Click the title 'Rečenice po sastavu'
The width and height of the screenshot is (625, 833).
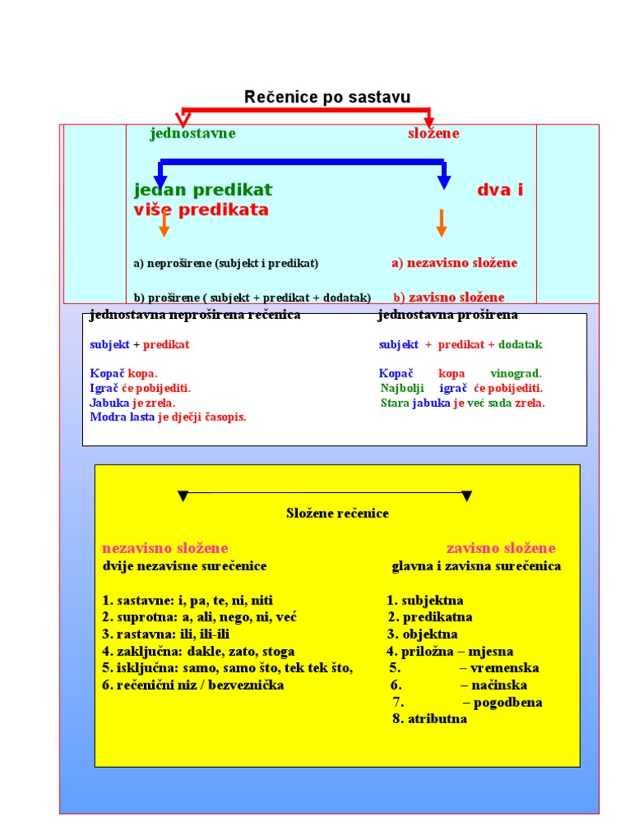pos(327,98)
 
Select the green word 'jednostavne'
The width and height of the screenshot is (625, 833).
pos(193,133)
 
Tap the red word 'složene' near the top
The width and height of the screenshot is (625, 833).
pos(433,133)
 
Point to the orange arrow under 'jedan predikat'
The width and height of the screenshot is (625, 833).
pos(164,224)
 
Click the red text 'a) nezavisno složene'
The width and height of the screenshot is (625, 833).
pos(454,263)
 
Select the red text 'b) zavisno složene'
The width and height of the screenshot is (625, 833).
pos(448,297)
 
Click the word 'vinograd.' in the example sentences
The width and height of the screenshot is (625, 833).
pos(516,373)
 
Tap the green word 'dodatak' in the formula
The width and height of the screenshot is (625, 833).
pos(520,344)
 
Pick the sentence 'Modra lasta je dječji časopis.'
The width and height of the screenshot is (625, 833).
pos(168,417)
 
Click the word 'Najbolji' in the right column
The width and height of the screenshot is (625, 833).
pos(402,388)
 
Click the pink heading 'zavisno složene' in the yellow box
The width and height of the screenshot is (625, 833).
pos(500,547)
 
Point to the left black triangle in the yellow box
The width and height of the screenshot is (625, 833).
pos(183,495)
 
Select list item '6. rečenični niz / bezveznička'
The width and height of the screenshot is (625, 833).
pos(193,685)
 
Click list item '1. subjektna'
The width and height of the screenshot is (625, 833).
pos(425,600)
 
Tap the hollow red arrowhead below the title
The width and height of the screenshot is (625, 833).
pos(183,120)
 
